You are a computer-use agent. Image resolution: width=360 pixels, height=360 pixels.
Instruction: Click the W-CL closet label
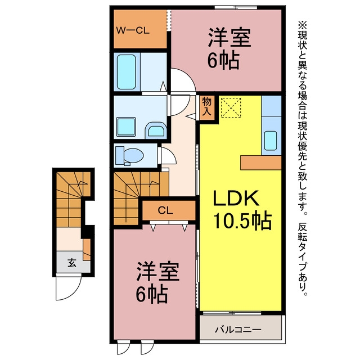click(x=133, y=30)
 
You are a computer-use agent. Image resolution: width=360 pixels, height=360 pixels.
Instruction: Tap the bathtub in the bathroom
click(x=127, y=71)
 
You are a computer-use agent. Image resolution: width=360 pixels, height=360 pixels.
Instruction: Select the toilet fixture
click(x=129, y=156)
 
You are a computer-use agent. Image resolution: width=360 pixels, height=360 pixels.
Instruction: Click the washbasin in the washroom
click(x=156, y=130)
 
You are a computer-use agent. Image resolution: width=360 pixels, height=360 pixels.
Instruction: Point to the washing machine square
click(x=126, y=127)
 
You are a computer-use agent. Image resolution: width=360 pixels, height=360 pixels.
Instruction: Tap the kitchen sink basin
click(x=271, y=141)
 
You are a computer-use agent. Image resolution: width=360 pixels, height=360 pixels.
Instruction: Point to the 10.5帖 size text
click(x=242, y=221)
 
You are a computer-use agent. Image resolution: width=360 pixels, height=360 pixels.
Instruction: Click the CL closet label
click(x=165, y=210)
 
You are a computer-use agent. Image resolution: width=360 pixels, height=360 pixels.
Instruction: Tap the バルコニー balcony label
click(x=238, y=330)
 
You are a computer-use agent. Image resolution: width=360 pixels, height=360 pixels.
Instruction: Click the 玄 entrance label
click(x=72, y=263)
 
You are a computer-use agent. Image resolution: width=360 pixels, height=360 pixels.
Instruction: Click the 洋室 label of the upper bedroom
click(x=229, y=38)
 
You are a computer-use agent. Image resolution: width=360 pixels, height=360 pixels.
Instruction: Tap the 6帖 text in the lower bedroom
click(x=151, y=295)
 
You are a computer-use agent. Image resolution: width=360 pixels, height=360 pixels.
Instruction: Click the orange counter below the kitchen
click(x=261, y=163)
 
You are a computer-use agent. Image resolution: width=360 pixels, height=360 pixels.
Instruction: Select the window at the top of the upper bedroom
click(x=236, y=8)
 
